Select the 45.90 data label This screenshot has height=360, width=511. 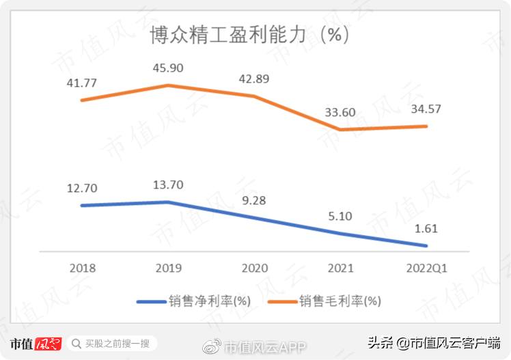point(169,68)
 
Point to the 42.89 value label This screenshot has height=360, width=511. point(254,79)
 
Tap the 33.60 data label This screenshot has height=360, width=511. point(340,112)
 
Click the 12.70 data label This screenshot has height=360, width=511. point(82,188)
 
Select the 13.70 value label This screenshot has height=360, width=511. point(169,185)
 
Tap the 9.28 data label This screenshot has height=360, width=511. point(254,201)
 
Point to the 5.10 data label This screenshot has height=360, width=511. point(340,217)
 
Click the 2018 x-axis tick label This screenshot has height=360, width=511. point(82,268)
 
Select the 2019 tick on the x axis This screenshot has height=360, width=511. point(169,268)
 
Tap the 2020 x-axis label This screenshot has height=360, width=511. point(254,268)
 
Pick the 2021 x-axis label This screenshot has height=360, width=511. point(340,268)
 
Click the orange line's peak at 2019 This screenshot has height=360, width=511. point(168,85)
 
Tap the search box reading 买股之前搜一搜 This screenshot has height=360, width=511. point(113,344)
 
